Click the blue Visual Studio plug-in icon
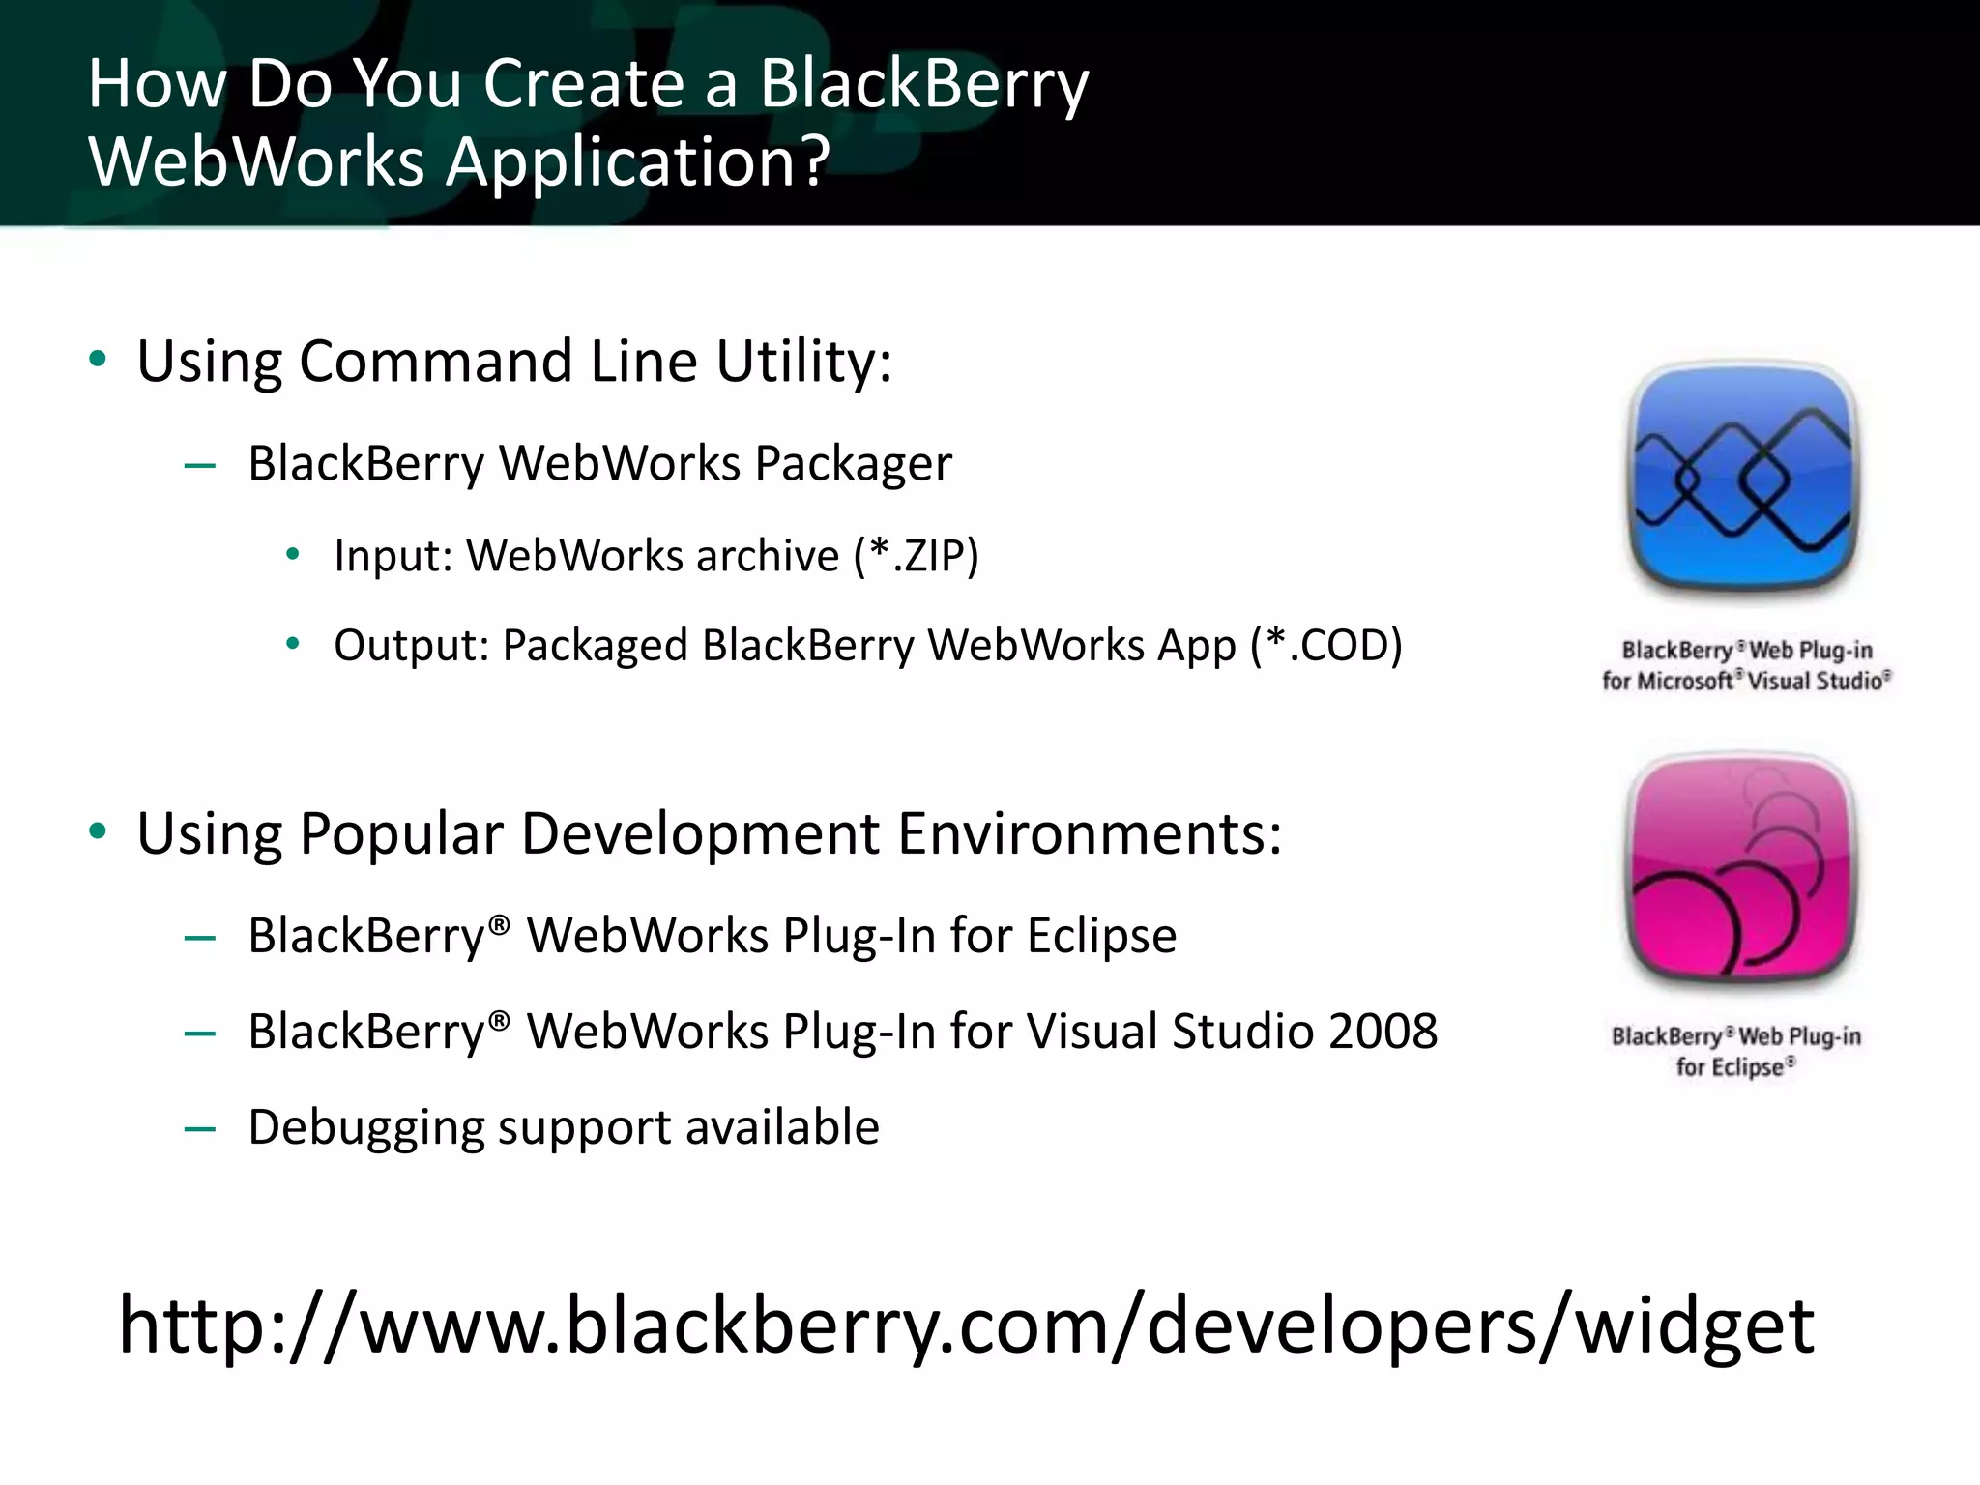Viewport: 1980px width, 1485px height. (1743, 478)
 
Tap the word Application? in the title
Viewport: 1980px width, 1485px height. (637, 161)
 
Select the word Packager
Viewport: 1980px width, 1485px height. (853, 464)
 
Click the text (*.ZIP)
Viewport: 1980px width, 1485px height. (916, 556)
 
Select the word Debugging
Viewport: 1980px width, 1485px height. (364, 1128)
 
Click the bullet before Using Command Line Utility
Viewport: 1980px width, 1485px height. (97, 361)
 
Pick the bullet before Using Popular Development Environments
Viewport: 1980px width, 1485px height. (97, 832)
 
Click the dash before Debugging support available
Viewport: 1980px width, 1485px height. (199, 1128)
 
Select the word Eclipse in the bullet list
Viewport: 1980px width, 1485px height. (1101, 936)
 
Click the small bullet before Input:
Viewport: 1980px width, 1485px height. (293, 555)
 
